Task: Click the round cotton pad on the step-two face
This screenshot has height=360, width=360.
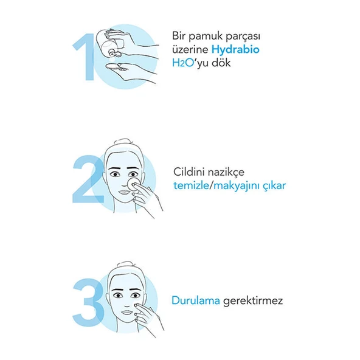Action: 133,184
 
